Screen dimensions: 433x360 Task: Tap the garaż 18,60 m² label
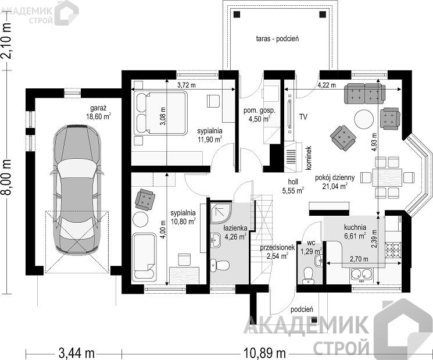[x=99, y=112]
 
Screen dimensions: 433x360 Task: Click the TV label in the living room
[x=303, y=117]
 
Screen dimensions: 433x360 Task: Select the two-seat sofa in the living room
[x=364, y=93]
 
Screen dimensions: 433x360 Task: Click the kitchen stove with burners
[x=393, y=250]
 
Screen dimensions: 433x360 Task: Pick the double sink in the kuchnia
[x=362, y=274]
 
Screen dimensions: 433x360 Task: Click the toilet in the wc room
[x=307, y=275]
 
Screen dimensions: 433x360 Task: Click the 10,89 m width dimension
[x=264, y=352]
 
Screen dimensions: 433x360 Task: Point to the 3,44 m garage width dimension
[x=77, y=353]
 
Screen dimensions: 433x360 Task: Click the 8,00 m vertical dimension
[x=8, y=177]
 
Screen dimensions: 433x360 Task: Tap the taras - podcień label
[x=277, y=38]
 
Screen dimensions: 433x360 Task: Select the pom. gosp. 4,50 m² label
[x=259, y=115]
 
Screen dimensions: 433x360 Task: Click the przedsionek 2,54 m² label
[x=277, y=252]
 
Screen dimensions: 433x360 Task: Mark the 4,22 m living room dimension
[x=327, y=85]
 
